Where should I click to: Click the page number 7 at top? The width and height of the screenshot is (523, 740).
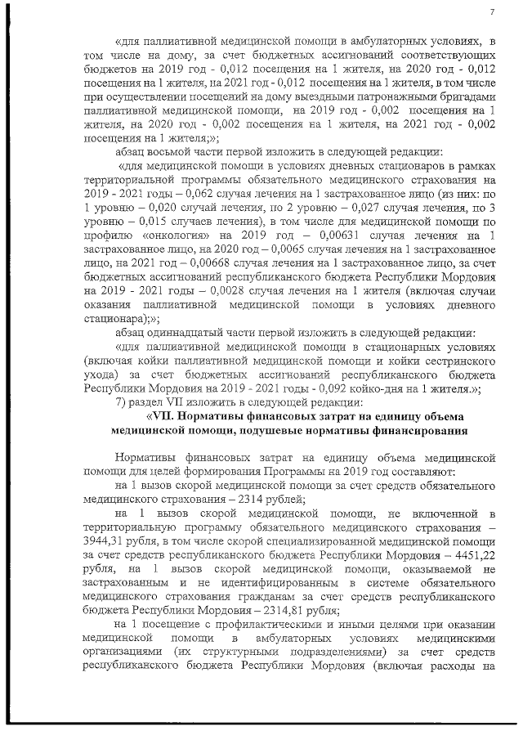click(493, 11)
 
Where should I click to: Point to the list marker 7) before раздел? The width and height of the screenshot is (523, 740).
click(123, 401)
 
